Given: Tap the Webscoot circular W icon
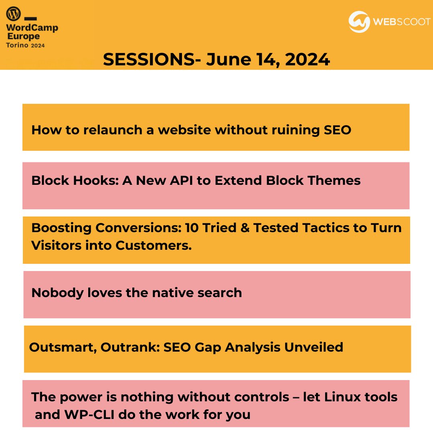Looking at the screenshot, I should [x=359, y=22].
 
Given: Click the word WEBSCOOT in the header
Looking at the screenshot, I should [x=401, y=22].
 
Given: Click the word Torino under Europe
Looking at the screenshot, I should [x=17, y=45].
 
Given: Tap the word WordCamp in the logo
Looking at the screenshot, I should [x=32, y=28].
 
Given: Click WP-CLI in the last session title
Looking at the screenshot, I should [x=90, y=415].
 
